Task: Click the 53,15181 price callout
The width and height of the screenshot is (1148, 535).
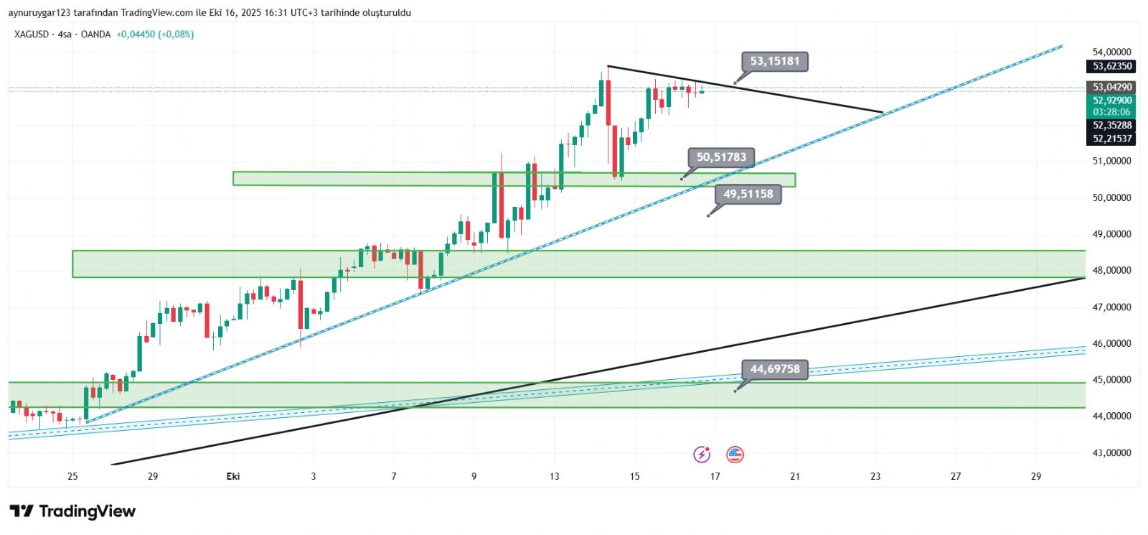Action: [x=775, y=61]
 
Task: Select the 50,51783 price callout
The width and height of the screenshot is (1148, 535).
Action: [x=721, y=157]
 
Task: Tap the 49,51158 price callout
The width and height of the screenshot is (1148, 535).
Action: [x=748, y=194]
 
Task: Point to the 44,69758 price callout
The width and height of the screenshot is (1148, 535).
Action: [x=774, y=369]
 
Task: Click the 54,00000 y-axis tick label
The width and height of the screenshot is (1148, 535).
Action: [x=1111, y=52]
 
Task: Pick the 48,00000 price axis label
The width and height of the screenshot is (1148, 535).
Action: [x=1111, y=271]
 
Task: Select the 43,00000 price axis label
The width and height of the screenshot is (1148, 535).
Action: [x=1111, y=453]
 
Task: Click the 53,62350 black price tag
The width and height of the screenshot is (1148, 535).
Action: [x=1111, y=66]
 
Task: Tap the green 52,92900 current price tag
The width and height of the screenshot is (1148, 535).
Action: [x=1111, y=101]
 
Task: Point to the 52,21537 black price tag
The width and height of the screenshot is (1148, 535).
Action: [x=1111, y=139]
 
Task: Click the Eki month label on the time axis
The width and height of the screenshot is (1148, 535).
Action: [x=233, y=476]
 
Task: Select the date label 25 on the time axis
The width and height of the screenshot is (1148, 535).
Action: [x=72, y=476]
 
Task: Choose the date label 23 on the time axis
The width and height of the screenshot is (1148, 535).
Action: [x=875, y=476]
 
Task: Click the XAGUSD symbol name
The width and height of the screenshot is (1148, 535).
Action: [x=32, y=34]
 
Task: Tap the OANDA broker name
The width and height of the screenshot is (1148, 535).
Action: [x=95, y=34]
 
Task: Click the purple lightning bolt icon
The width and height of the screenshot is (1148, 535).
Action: [x=702, y=455]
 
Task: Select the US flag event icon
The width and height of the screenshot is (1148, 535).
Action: [x=735, y=455]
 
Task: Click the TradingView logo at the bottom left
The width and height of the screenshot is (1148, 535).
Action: [x=72, y=511]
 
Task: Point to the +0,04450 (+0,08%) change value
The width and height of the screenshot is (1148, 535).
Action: [x=155, y=34]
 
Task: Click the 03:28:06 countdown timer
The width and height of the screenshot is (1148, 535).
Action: [x=1111, y=112]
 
